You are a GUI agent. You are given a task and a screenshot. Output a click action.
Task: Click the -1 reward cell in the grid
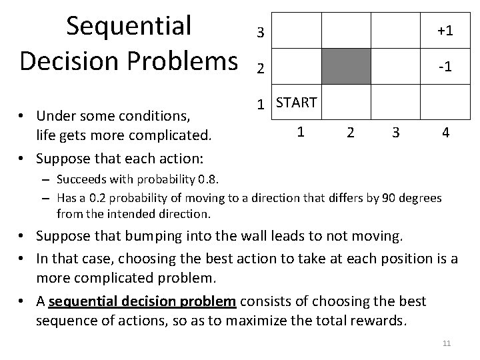tap(445, 68)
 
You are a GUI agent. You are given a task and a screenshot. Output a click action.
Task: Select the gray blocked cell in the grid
tap(346, 66)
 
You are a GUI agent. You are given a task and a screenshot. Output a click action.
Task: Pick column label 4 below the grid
tap(445, 133)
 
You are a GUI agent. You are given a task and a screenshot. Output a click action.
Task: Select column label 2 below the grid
tap(350, 133)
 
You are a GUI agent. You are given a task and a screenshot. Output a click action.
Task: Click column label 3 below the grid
tap(396, 133)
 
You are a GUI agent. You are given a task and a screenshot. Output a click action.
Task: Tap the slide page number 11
tap(447, 343)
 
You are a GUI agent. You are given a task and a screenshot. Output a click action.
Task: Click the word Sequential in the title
tap(129, 25)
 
